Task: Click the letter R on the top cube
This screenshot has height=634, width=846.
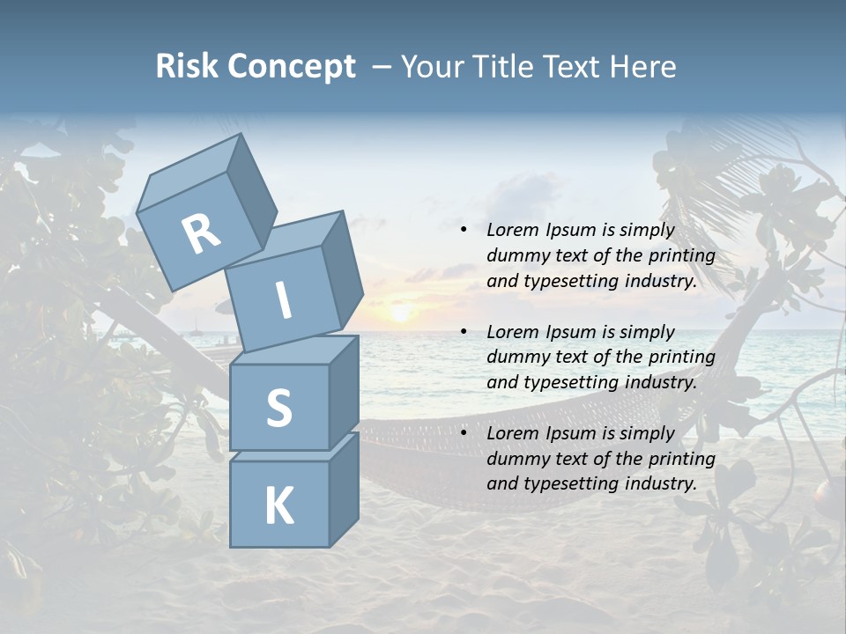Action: click(x=201, y=233)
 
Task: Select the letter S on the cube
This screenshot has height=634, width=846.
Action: click(x=278, y=409)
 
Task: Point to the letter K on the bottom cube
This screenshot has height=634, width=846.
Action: click(x=278, y=505)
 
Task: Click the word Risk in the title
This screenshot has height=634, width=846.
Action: click(x=187, y=66)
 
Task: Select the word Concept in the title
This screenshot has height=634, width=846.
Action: click(x=292, y=66)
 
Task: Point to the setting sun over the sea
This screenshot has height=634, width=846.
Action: click(x=400, y=313)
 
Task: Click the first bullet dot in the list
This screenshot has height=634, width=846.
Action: click(x=464, y=231)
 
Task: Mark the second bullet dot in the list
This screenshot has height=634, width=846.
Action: click(x=464, y=332)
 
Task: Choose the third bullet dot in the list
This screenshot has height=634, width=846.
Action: click(x=464, y=433)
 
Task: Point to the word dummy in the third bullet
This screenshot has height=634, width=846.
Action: click(x=516, y=459)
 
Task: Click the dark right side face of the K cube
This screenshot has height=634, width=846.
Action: click(x=344, y=490)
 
